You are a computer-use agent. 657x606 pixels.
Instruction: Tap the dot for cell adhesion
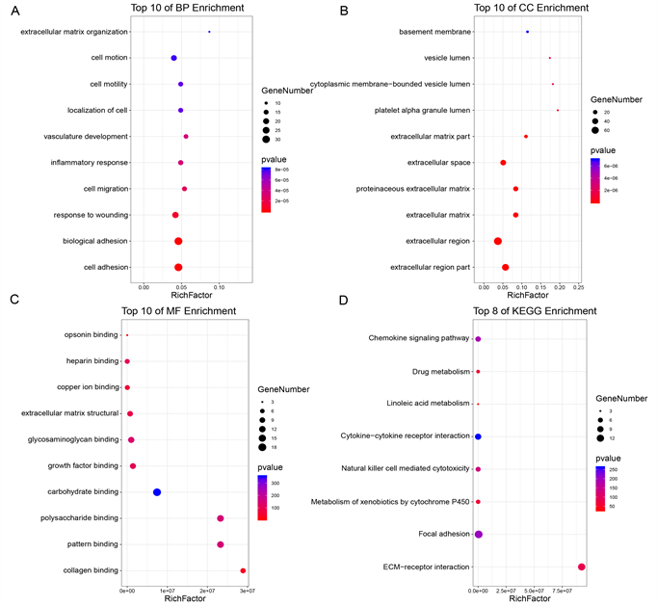178,267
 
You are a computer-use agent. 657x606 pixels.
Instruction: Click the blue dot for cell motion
173,59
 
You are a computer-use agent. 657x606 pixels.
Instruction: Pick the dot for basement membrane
527,32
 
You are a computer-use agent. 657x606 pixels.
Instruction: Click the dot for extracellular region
498,241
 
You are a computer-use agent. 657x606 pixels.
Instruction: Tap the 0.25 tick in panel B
578,286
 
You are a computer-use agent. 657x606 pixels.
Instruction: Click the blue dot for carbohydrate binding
157,492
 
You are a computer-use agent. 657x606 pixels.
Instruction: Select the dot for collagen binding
243,570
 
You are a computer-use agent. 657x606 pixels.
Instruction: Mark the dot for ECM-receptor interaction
581,567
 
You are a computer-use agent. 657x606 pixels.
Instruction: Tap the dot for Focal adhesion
479,535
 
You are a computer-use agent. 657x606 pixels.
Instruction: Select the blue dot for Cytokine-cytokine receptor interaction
478,436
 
